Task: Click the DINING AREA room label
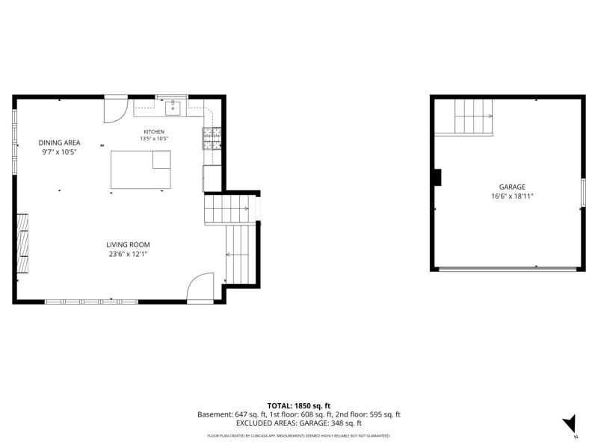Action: point(59,143)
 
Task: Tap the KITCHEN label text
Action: point(154,132)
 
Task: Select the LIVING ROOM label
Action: point(128,245)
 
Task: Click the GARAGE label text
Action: point(512,187)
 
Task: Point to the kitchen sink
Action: point(173,108)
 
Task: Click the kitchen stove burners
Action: point(212,138)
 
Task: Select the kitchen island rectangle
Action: point(141,169)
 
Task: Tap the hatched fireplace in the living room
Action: point(22,243)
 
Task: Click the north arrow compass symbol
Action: point(570,423)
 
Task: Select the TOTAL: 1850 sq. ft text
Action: point(298,406)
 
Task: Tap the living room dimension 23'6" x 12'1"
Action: point(128,254)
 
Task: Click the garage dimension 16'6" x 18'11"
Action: point(512,196)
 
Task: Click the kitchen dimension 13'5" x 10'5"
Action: point(154,139)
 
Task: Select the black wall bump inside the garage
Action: point(438,178)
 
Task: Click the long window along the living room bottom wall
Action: point(91,302)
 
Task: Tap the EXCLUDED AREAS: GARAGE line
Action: point(298,423)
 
